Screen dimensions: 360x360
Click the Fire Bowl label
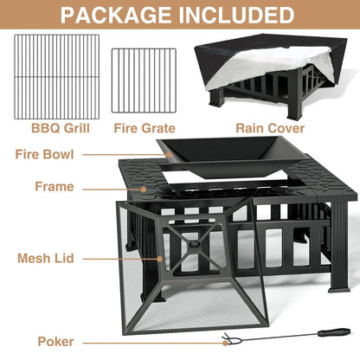pos(44,155)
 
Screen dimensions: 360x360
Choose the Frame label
pos(55,186)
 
